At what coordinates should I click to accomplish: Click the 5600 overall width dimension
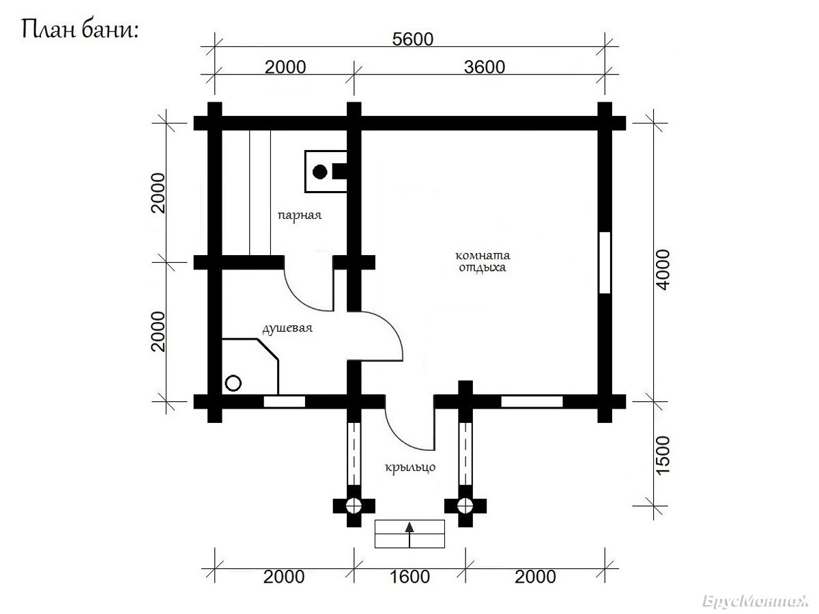[x=412, y=39]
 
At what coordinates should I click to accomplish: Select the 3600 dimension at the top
[x=485, y=67]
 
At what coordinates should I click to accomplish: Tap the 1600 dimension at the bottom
[x=409, y=576]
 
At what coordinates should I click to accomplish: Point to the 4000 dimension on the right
[x=663, y=269]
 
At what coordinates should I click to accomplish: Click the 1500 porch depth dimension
[x=663, y=455]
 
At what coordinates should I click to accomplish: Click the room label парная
[x=299, y=216]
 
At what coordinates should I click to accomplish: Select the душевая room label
[x=287, y=328]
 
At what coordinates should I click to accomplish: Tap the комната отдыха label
[x=483, y=261]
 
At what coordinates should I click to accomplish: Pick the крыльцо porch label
[x=410, y=467]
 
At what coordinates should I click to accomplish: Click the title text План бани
[x=81, y=29]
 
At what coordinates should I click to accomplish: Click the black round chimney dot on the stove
[x=320, y=172]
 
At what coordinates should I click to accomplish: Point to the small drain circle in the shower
[x=233, y=383]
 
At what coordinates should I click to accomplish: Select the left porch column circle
[x=354, y=506]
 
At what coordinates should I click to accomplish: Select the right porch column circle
[x=465, y=506]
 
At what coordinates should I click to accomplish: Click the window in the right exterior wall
[x=605, y=263]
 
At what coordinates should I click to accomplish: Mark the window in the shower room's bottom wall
[x=285, y=402]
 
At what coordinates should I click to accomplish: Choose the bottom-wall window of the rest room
[x=532, y=402]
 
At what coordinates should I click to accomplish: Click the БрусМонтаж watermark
[x=756, y=601]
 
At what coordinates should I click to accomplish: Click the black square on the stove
[x=339, y=171]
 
